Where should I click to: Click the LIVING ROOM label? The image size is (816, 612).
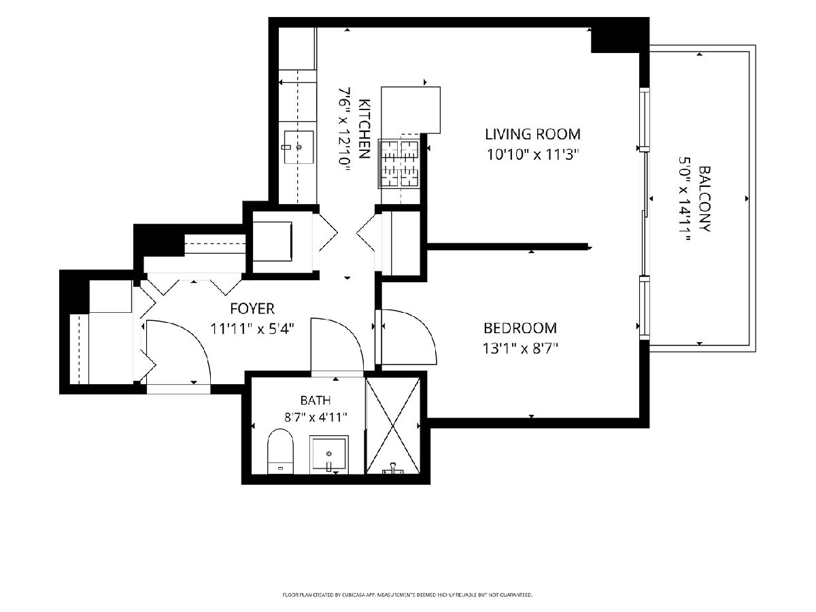click(532, 134)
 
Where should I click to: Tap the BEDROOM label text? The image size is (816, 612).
click(520, 328)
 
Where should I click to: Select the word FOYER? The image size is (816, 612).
click(252, 309)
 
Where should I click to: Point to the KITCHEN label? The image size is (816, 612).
click(364, 129)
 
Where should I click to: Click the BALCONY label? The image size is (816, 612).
click(705, 199)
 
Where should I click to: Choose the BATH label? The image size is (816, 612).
click(316, 401)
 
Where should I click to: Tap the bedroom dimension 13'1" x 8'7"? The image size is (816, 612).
click(520, 349)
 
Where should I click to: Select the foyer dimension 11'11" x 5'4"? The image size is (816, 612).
click(252, 329)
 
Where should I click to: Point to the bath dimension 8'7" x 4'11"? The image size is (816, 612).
click(316, 418)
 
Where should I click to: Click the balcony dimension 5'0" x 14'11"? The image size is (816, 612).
click(685, 199)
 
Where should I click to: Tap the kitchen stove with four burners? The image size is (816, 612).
click(399, 163)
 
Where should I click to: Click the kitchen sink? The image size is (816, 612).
click(299, 147)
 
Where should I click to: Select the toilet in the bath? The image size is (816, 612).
click(281, 452)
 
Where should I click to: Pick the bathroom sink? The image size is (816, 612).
click(329, 454)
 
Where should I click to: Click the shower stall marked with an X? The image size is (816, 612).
click(393, 426)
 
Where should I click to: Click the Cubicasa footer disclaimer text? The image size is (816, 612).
click(407, 595)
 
